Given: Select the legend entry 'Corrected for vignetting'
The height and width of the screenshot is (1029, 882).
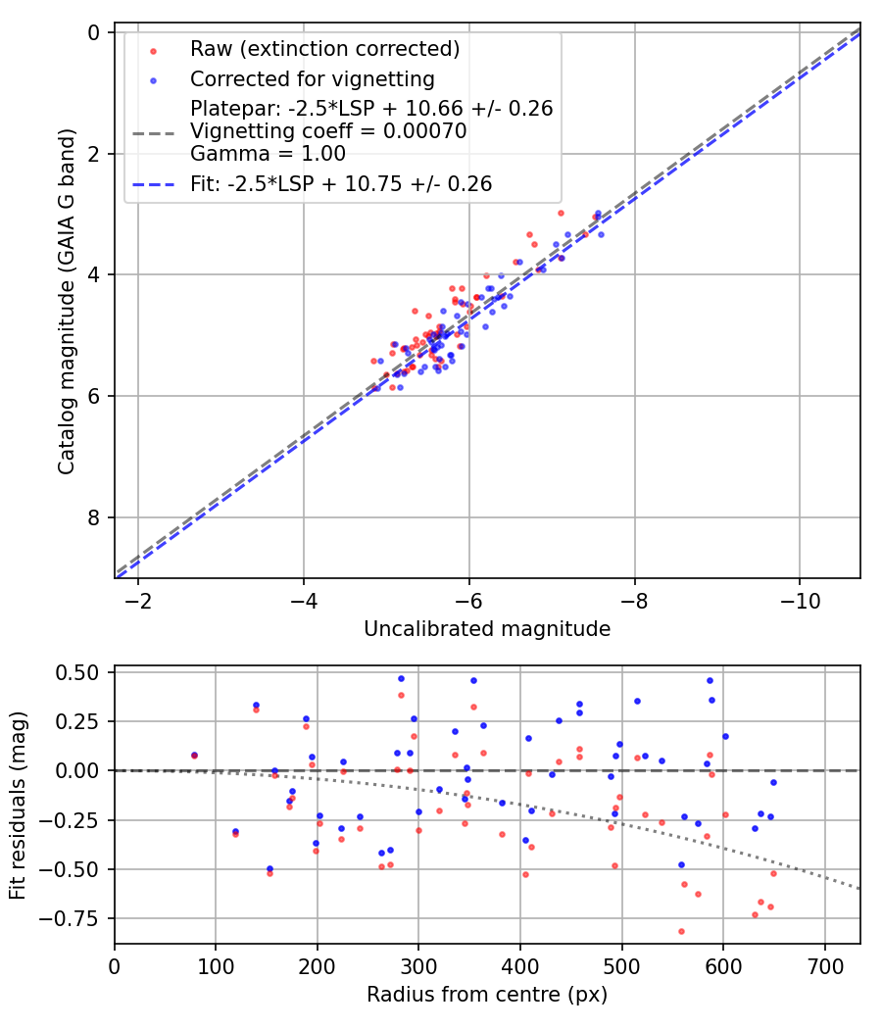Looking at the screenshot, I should point(312,78).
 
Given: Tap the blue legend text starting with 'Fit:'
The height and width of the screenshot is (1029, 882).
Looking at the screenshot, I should point(341,183).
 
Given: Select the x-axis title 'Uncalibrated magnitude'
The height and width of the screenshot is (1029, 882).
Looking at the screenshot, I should point(487,629).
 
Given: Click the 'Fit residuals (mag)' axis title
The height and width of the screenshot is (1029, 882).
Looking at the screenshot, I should point(18,806).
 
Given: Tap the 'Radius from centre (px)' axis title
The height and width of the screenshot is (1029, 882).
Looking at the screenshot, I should point(487,995).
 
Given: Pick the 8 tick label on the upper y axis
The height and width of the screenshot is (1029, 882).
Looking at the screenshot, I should point(94,517).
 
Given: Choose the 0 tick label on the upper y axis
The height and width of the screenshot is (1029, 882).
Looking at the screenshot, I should point(94,32).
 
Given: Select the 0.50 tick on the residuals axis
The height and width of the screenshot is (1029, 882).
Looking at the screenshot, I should point(77,672).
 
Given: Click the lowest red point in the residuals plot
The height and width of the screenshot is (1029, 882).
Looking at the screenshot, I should point(681,931).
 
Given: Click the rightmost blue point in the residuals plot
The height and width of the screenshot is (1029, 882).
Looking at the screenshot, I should point(773,782).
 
